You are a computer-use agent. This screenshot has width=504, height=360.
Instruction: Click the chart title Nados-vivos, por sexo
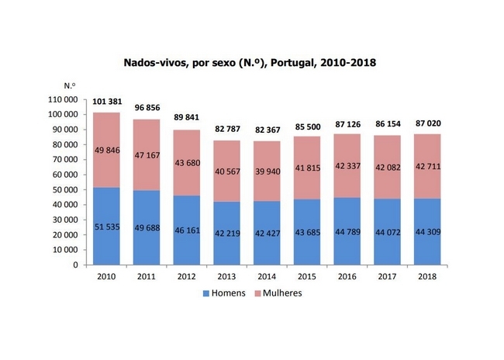[251, 61]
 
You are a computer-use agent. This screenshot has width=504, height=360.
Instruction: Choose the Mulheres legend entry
[278, 293]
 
